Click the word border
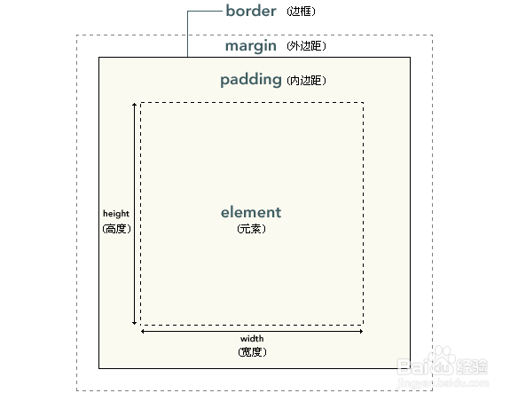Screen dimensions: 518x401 [251, 11]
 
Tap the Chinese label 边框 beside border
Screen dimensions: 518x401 [301, 12]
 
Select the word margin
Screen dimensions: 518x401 [250, 46]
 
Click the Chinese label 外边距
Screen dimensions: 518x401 [306, 46]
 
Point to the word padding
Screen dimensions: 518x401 [251, 80]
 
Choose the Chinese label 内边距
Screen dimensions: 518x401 [306, 80]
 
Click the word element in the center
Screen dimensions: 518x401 [251, 212]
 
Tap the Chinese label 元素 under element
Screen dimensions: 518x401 [251, 229]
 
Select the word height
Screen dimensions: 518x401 [116, 214]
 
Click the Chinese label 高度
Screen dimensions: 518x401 [116, 229]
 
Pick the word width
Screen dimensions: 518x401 [252, 339]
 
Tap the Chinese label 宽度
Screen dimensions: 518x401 [252, 352]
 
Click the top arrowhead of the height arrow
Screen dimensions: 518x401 [134, 104]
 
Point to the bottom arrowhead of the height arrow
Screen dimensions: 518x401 [134, 323]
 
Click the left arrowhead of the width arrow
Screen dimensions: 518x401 [143, 331]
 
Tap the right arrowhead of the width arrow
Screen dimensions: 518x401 [361, 331]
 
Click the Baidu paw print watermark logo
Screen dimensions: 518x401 [442, 360]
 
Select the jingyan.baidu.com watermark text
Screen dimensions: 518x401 [443, 383]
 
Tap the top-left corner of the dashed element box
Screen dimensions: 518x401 [141, 103]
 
